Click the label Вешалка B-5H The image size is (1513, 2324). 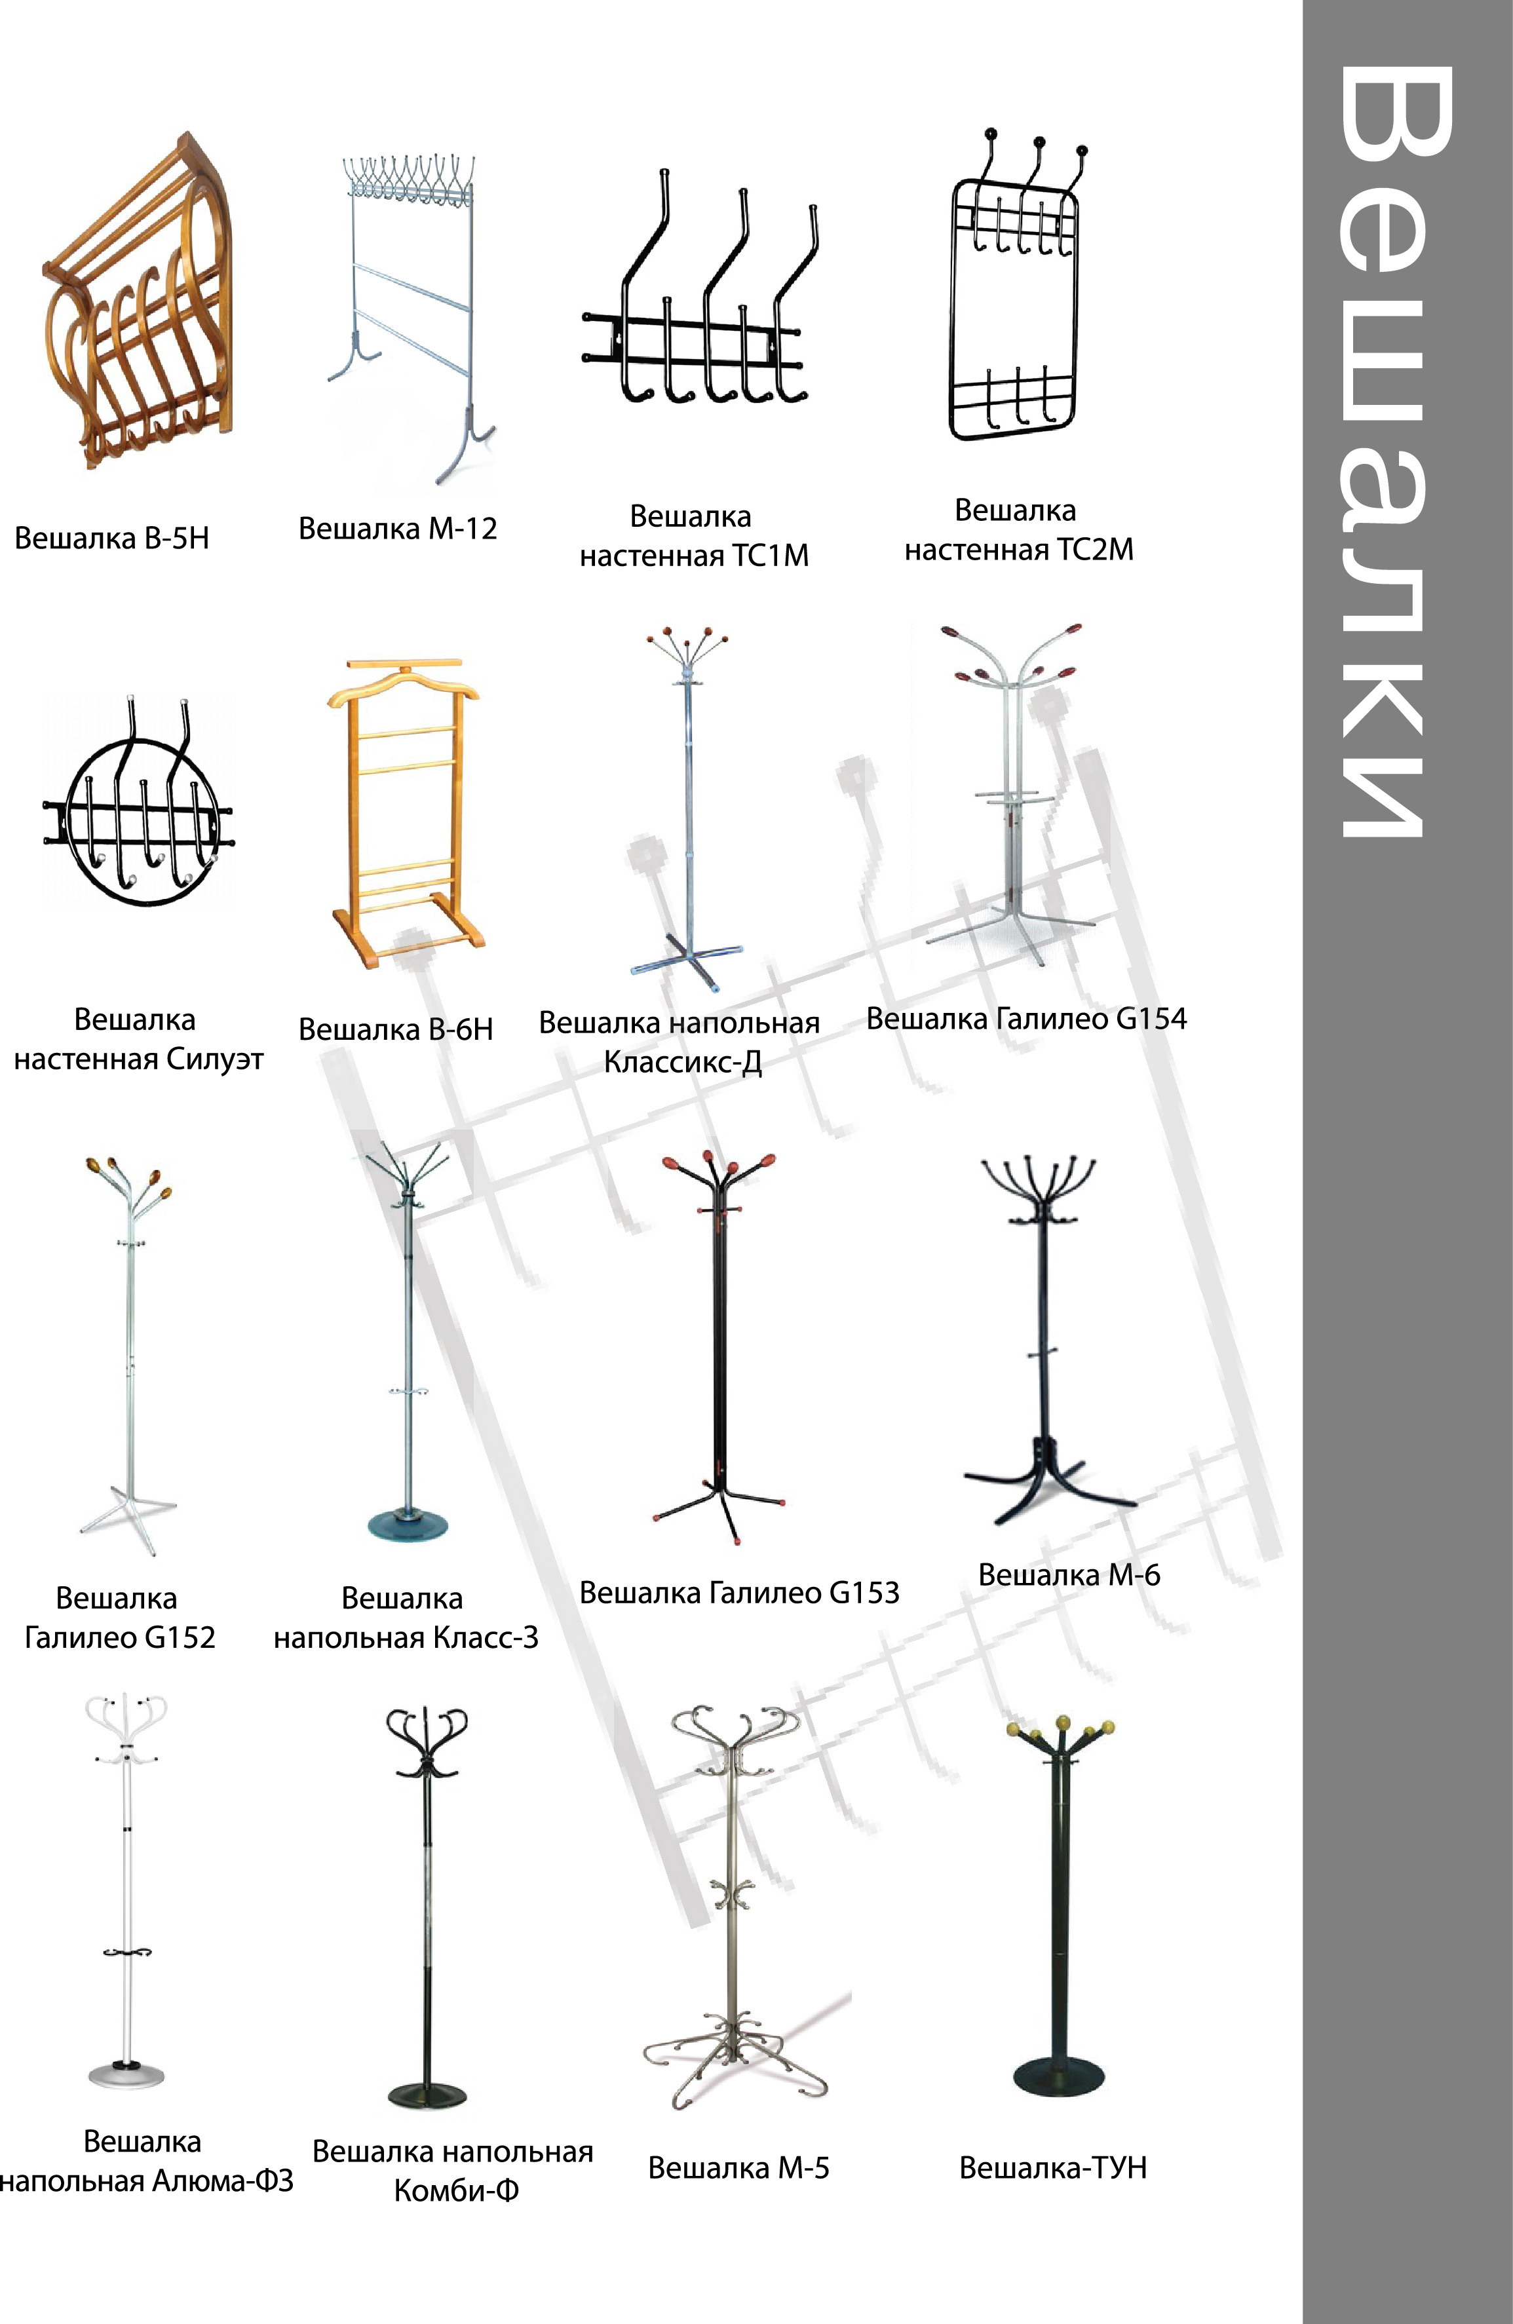point(111,538)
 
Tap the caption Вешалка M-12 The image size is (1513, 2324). point(398,528)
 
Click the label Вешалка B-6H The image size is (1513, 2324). point(396,1029)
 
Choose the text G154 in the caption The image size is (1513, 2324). point(1151,1018)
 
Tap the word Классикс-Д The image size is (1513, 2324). point(683,1061)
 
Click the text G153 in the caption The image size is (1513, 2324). point(864,1593)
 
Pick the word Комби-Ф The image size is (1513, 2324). point(456,2191)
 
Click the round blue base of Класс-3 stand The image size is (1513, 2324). point(410,1526)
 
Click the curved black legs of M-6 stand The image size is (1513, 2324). point(1049,1481)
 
